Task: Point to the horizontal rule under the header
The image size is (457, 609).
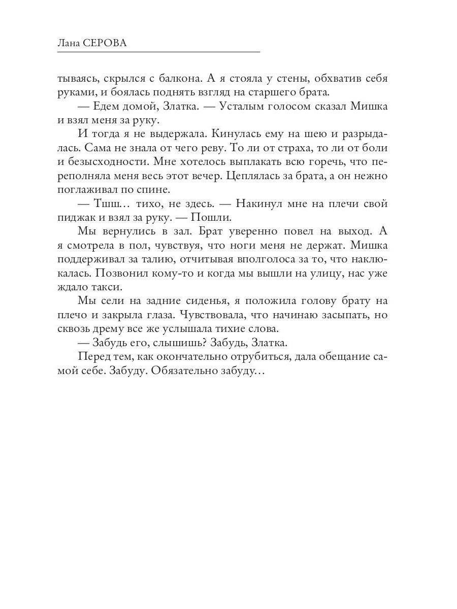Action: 158,52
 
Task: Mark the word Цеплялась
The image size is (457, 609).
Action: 254,177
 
